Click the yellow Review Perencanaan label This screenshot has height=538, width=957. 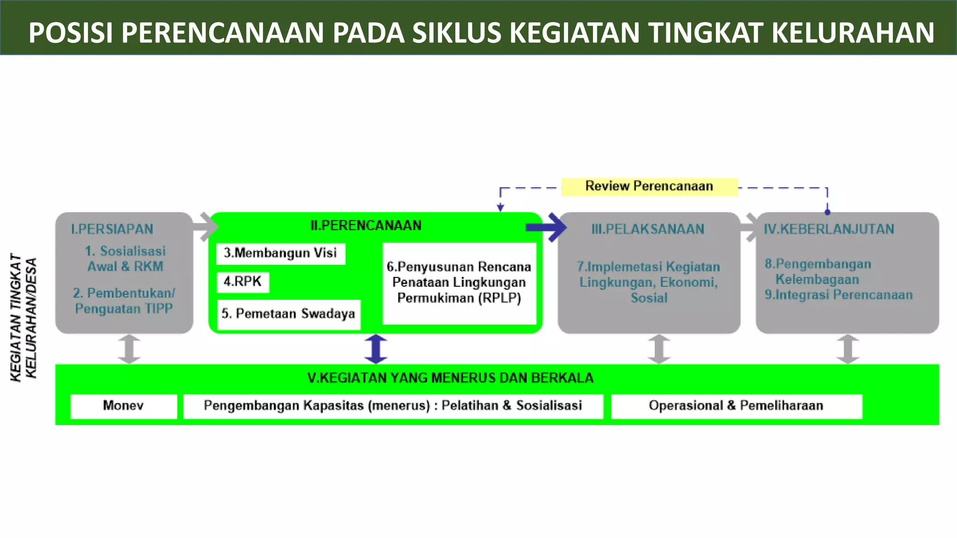[649, 186]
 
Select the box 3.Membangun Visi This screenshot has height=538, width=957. [280, 254]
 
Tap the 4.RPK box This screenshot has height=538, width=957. [243, 282]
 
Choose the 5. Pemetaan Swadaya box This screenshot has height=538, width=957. [288, 314]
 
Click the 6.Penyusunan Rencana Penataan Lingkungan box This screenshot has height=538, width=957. [459, 283]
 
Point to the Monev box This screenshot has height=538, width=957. [123, 406]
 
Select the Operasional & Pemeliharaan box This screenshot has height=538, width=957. [736, 406]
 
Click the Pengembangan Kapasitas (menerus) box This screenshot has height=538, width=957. [393, 406]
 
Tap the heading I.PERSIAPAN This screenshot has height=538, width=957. [112, 229]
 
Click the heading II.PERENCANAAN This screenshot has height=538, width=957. [366, 226]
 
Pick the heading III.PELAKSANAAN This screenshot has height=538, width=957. [648, 229]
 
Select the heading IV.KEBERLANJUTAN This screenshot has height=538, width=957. [829, 229]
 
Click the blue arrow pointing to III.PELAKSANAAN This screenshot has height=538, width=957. [547, 227]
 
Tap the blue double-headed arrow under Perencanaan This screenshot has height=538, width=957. [376, 349]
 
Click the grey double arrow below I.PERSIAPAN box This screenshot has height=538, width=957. [129, 349]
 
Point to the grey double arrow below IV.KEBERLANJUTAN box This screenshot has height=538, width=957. [848, 349]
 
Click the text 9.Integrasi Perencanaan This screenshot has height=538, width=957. [839, 295]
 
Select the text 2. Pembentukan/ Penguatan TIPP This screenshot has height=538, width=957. [124, 301]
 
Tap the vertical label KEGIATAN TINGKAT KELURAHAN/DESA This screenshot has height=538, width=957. [23, 318]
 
